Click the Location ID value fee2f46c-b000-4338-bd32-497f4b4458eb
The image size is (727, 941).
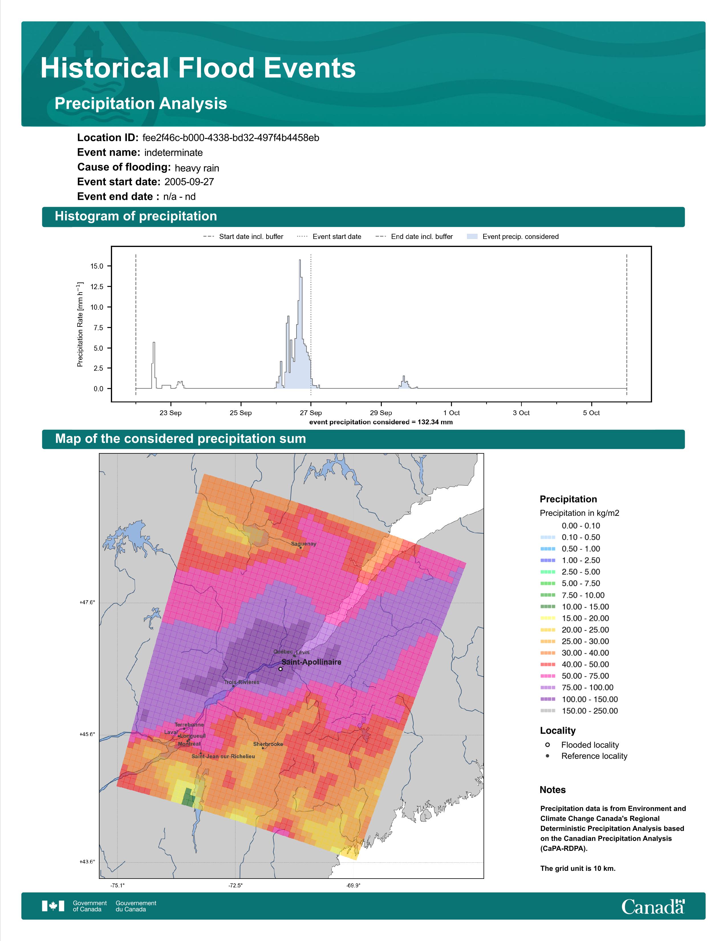(x=231, y=138)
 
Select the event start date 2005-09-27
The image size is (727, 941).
(x=189, y=182)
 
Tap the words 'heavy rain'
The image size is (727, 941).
(x=197, y=168)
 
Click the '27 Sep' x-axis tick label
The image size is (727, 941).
(x=311, y=413)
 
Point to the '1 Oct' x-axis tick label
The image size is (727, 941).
(x=451, y=413)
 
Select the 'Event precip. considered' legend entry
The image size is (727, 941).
(x=513, y=237)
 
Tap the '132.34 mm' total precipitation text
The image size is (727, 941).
(x=435, y=422)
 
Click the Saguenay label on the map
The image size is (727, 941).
(x=304, y=544)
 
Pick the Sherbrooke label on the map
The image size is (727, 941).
(x=268, y=744)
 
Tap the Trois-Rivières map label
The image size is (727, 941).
(x=241, y=682)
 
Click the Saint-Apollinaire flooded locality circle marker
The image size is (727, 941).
(x=280, y=669)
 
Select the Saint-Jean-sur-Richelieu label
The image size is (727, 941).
(x=223, y=756)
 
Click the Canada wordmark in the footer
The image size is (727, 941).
(x=653, y=906)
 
